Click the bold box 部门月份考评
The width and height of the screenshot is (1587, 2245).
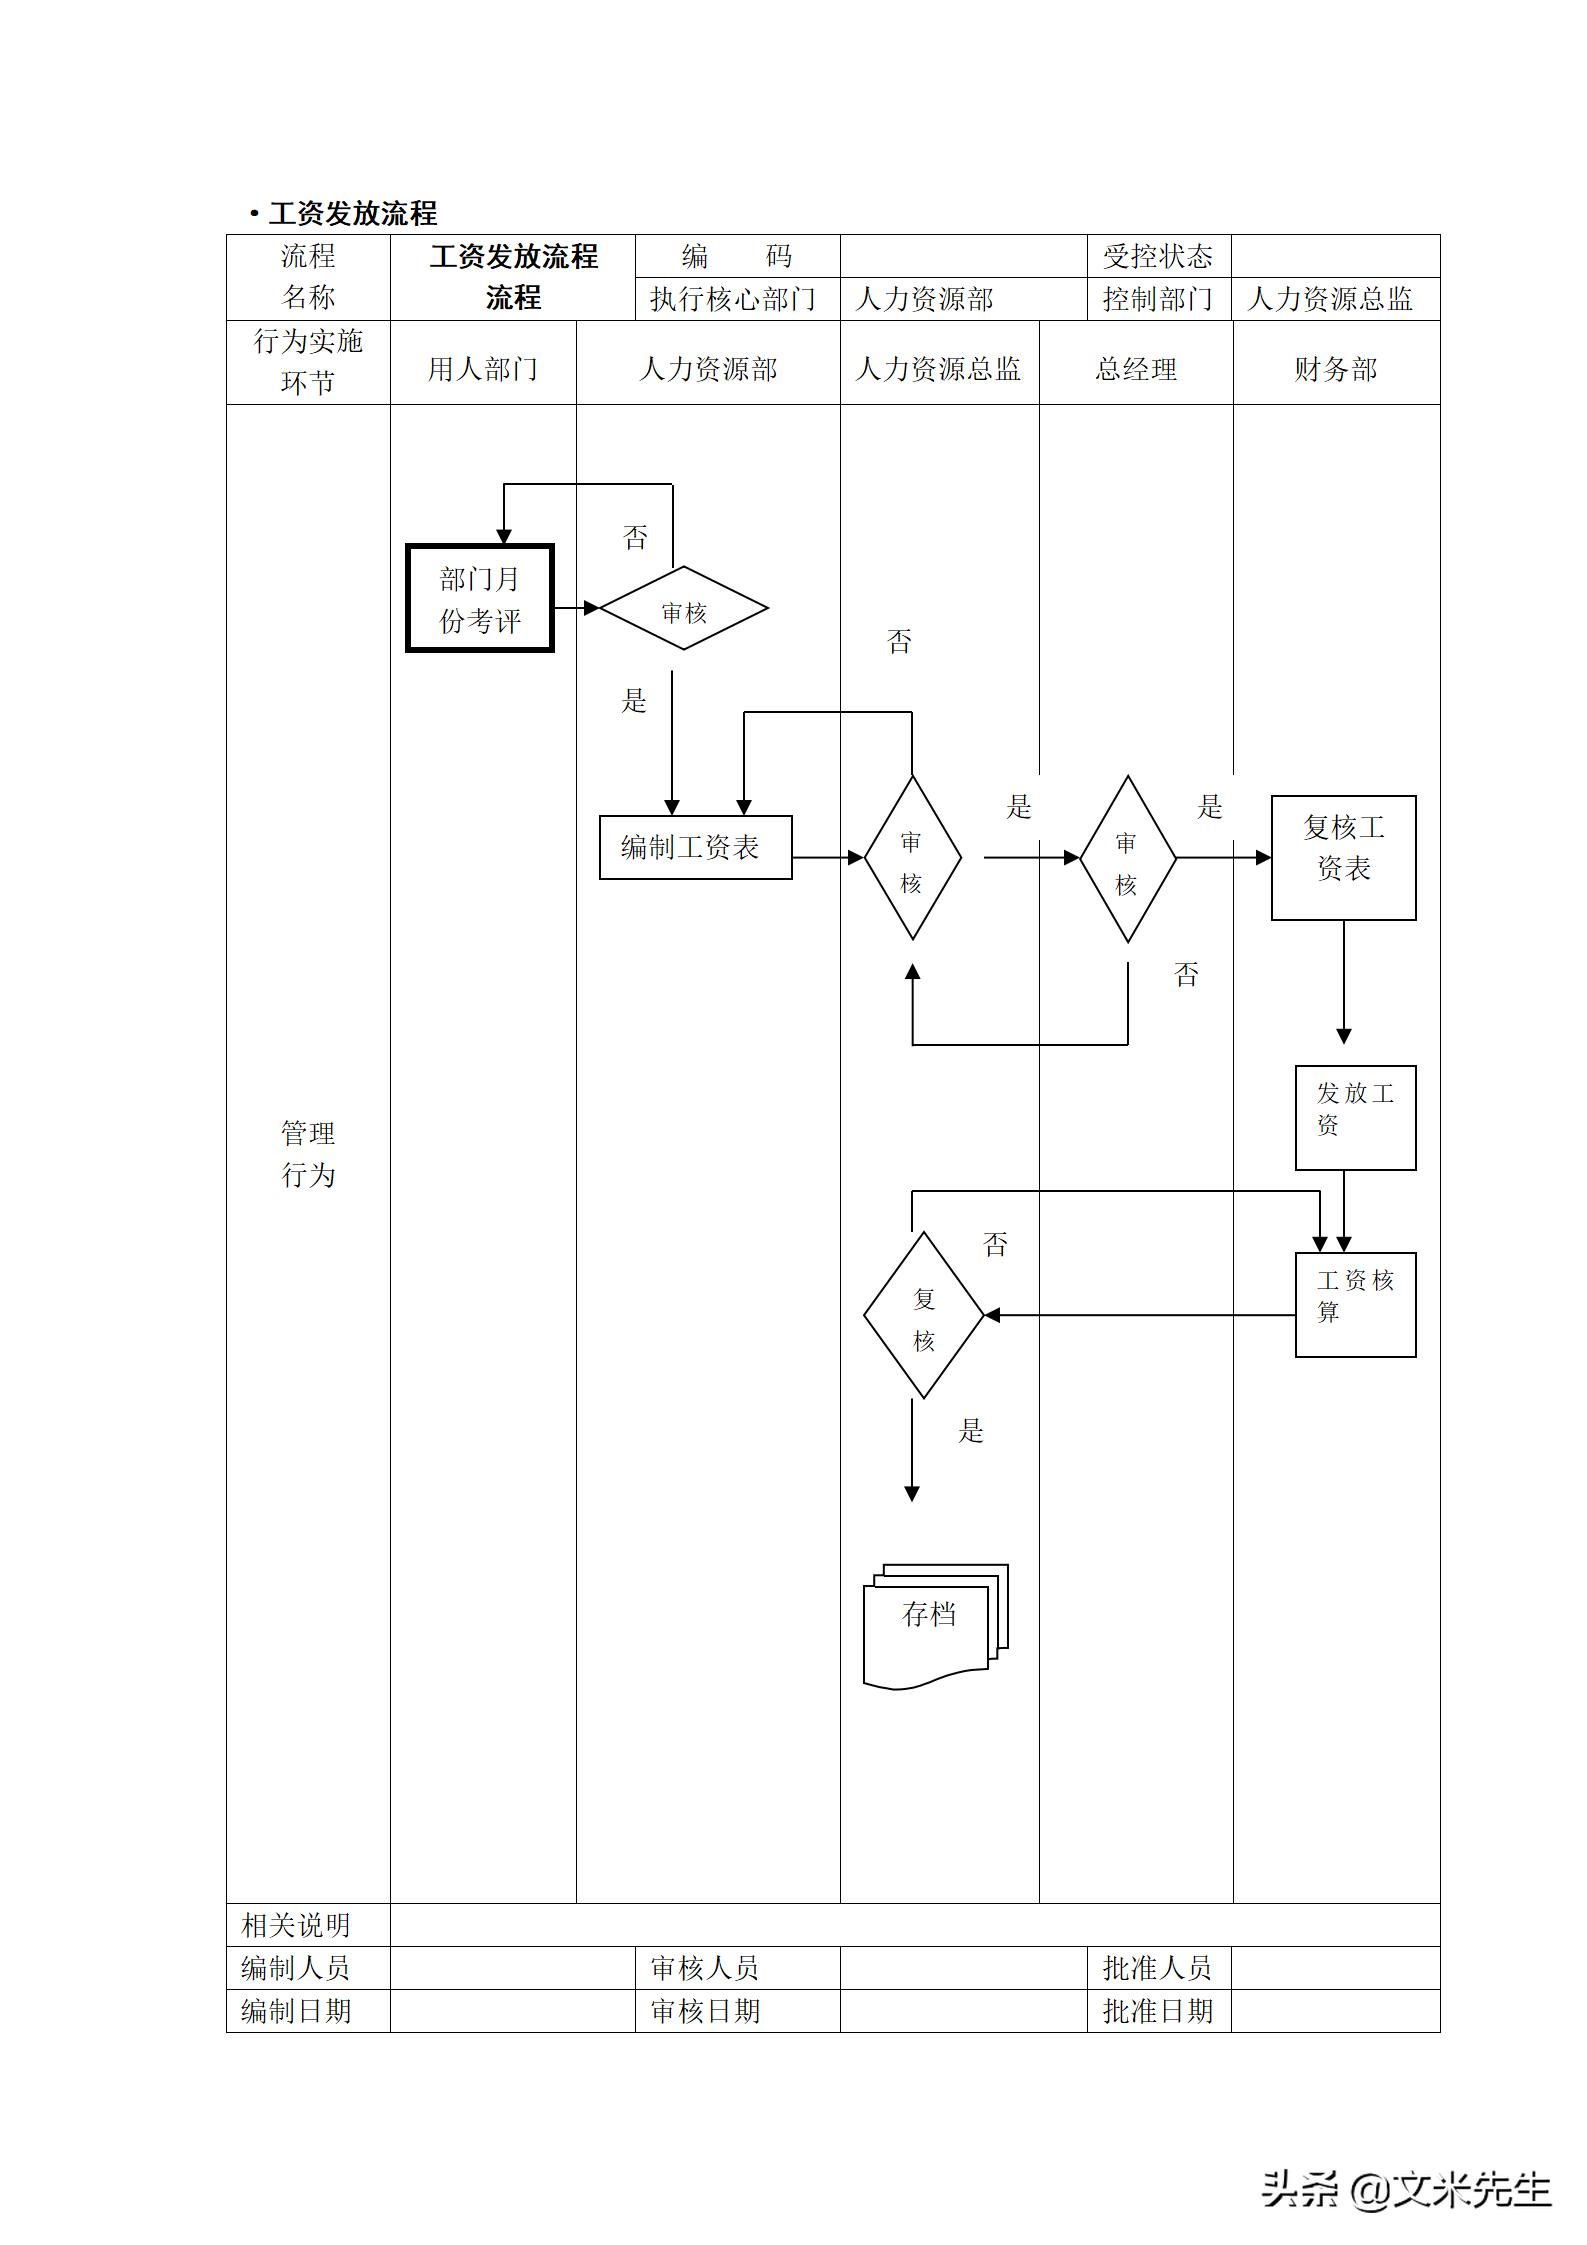480,599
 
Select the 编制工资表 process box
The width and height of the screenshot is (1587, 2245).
695,848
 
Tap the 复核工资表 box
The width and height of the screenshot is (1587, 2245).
1343,858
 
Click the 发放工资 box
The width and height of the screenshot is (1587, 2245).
1355,1117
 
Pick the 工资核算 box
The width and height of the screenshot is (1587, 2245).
1355,1304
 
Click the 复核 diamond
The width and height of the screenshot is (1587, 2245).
923,1314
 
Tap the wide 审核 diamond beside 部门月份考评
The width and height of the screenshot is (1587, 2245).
684,609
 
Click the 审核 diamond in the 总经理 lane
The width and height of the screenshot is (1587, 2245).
1127,859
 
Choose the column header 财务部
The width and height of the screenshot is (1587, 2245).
1335,369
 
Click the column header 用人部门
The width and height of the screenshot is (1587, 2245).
482,369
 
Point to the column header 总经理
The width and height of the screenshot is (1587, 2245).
1135,369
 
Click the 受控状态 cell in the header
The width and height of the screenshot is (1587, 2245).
1157,257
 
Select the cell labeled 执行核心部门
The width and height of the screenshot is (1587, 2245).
733,299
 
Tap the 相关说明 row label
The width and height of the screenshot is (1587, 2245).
297,1925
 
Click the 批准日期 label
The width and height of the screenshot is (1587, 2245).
1157,2010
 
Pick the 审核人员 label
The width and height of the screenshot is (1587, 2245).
705,1968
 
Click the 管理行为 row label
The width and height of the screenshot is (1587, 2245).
308,1154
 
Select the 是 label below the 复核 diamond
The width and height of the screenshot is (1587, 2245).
971,1430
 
